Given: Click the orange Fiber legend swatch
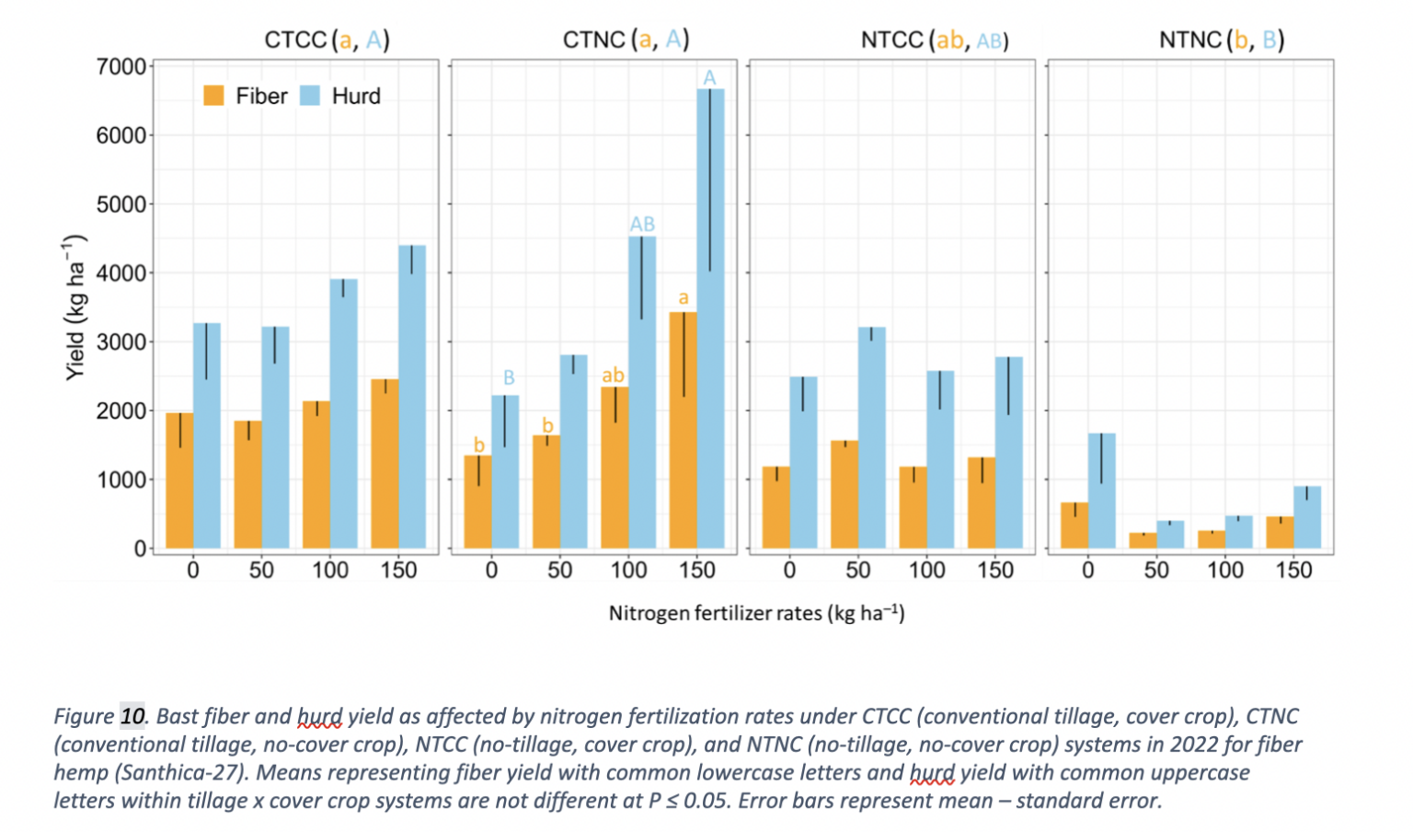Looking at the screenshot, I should click(213, 96).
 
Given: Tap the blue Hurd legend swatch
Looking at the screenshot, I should click(310, 96).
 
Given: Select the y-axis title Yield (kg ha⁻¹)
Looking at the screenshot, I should click(75, 307).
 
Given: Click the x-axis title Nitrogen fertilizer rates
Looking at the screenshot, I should click(756, 613).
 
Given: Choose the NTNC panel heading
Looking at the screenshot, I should click(1222, 40).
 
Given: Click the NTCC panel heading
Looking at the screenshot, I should click(934, 40).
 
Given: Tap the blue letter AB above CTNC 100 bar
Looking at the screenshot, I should click(642, 224).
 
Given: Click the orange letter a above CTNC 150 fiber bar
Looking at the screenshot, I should click(684, 298).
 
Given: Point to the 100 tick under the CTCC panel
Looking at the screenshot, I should click(330, 571).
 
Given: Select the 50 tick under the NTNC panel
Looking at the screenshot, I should click(1156, 571).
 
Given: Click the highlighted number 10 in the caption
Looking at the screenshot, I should click(132, 716).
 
